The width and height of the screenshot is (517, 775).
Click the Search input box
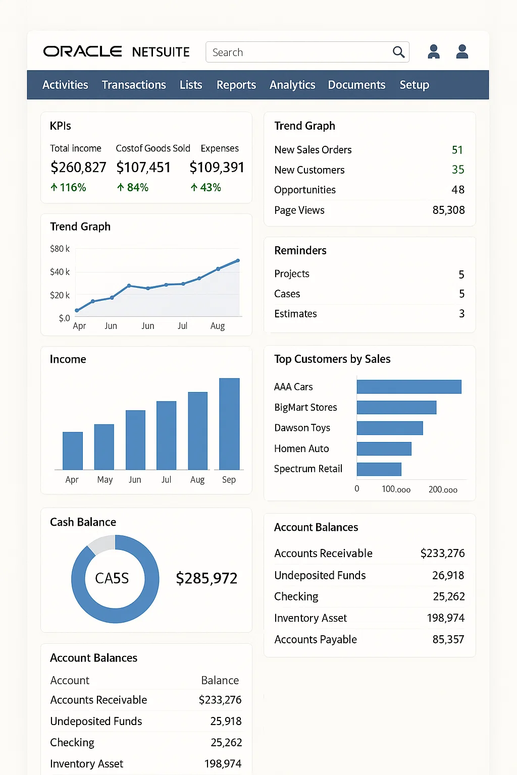[x=298, y=52]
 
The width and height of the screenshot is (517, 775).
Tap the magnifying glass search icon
[x=398, y=52]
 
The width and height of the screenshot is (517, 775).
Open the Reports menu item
[x=236, y=85]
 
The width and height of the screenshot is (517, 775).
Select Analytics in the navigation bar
[x=292, y=85]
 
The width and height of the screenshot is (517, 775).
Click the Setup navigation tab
[x=414, y=85]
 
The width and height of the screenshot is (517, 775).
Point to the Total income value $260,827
[x=78, y=167]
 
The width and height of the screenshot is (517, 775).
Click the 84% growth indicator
[x=133, y=188]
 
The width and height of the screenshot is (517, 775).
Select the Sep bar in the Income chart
[x=229, y=424]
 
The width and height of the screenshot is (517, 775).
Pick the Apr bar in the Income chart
[x=73, y=451]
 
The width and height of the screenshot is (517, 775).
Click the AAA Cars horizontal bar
[x=409, y=386]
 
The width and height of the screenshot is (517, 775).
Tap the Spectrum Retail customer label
[x=308, y=469]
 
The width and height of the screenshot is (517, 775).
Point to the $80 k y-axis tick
[x=60, y=249]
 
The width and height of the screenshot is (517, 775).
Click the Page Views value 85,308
[x=448, y=210]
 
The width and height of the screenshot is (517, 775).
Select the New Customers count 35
[x=457, y=170]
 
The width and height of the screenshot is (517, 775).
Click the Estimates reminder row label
[x=295, y=314]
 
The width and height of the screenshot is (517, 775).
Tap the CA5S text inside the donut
[x=112, y=578]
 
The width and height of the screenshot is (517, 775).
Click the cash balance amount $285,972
[x=206, y=578]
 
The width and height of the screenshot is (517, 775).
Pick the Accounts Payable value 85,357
[x=448, y=639]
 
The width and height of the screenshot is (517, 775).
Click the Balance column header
[x=220, y=680]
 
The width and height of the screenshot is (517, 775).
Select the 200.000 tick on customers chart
[x=443, y=489]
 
